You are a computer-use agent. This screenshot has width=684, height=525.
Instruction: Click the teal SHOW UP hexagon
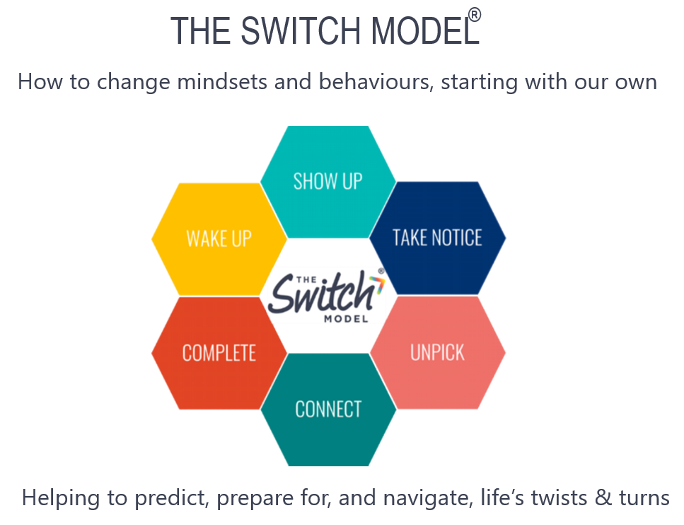[328, 182]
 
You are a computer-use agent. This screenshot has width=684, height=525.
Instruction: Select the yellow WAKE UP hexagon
[219, 239]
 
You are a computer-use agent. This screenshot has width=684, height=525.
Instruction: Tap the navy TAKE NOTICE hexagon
[438, 238]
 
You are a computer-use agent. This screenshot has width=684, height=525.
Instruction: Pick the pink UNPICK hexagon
[438, 352]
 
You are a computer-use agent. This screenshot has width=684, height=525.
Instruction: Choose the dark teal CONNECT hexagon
[328, 410]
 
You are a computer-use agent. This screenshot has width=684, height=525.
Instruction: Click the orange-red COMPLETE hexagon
[219, 353]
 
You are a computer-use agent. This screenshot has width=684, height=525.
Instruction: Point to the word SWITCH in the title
[301, 30]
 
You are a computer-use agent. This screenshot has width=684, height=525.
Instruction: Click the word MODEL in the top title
[425, 30]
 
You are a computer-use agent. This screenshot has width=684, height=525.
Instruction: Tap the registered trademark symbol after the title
[475, 15]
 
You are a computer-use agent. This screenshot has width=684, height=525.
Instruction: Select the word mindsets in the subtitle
[222, 81]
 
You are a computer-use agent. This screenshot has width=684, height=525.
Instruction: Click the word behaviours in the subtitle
[376, 81]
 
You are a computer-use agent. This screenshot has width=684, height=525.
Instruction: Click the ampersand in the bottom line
[603, 497]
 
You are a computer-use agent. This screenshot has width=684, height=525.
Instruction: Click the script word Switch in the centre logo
[320, 292]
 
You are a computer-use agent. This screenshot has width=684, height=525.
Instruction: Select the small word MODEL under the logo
[346, 319]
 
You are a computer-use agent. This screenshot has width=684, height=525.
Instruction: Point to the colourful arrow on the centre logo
[377, 284]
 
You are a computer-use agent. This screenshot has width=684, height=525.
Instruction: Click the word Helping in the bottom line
[61, 498]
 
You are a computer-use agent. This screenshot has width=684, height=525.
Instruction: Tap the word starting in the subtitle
[480, 82]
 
